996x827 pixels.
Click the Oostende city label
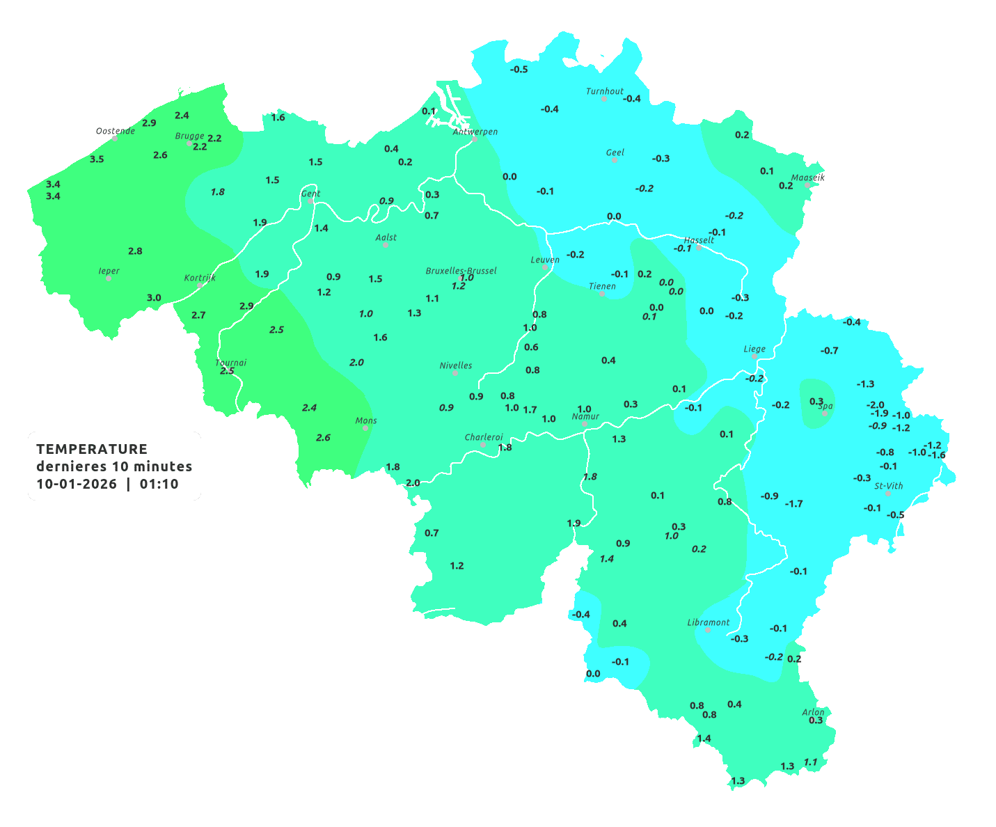[115, 131]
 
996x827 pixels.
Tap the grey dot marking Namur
[585, 424]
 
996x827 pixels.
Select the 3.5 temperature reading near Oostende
[97, 159]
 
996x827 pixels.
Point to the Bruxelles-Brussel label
[461, 270]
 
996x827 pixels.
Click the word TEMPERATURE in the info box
[92, 449]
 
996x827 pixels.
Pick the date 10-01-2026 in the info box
[77, 485]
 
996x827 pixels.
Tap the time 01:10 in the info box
[159, 485]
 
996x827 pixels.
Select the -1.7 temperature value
[793, 503]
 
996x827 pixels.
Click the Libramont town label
[709, 622]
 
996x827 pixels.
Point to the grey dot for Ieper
[109, 278]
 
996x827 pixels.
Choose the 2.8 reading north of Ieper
[135, 251]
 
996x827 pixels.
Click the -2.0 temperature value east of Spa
[875, 404]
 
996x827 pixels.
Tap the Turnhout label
[605, 91]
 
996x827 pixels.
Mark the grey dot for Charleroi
[483, 445]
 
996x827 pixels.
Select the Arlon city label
[813, 711]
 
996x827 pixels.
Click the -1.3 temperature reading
[865, 384]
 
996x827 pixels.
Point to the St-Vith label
[889, 486]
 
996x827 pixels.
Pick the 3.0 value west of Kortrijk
[154, 297]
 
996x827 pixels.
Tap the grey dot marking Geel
[615, 160]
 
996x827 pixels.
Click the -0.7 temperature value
[829, 350]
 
